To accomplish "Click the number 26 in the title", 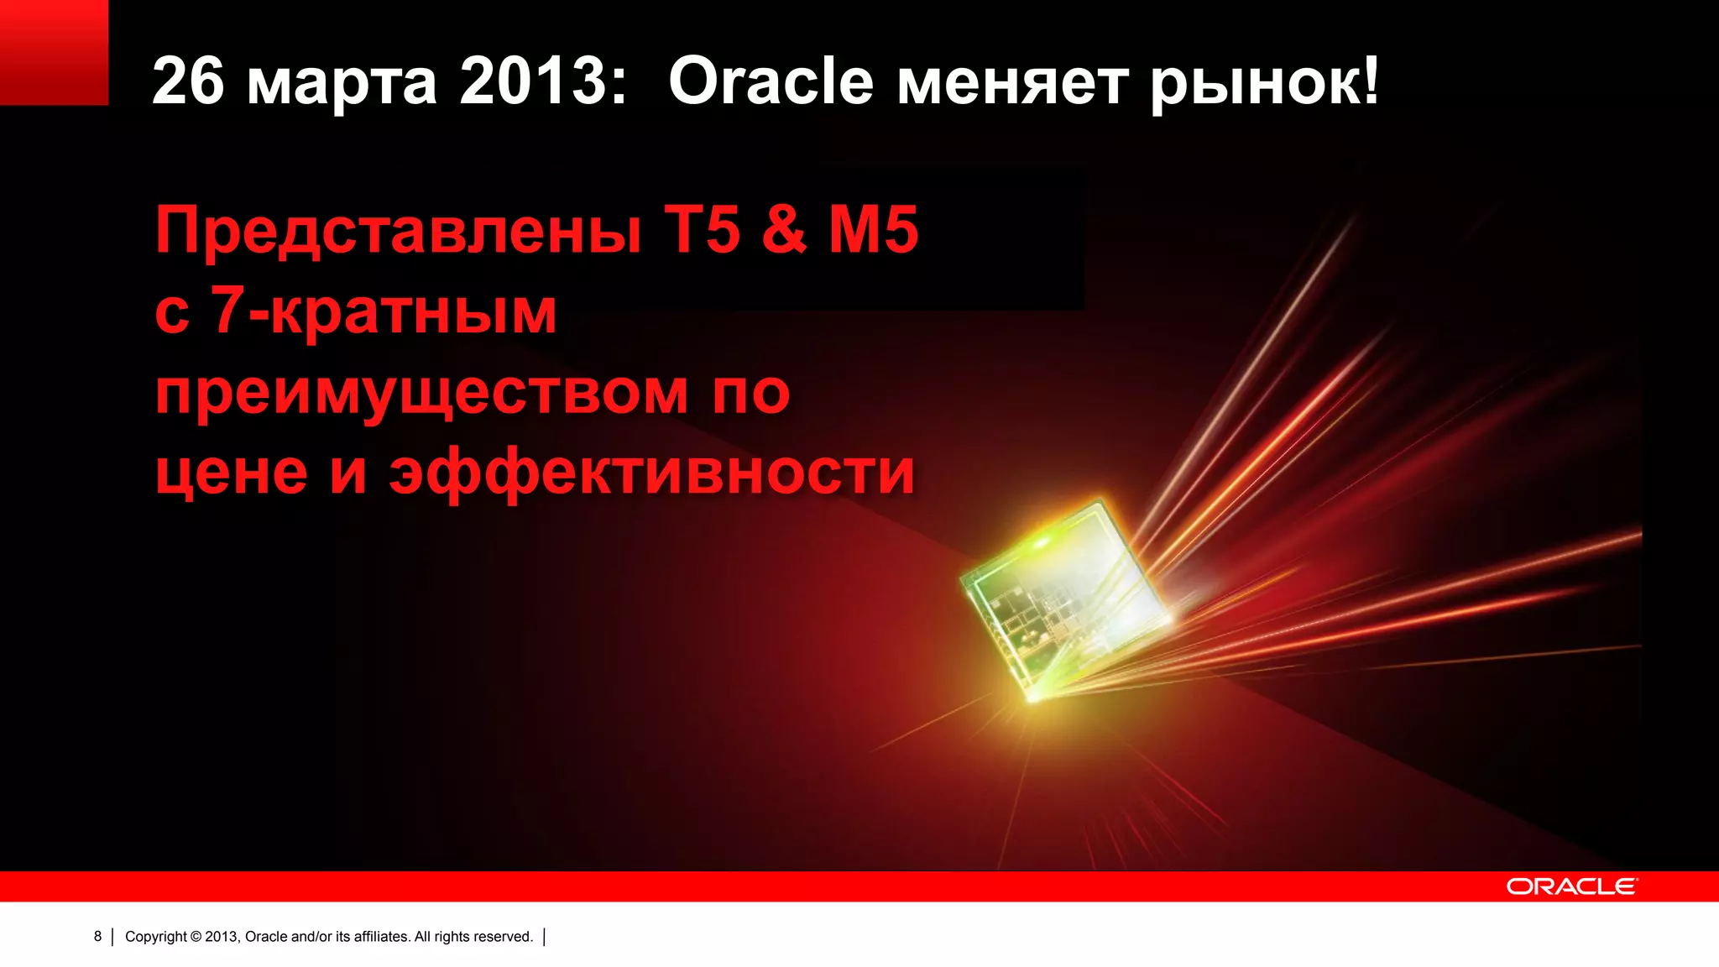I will point(188,81).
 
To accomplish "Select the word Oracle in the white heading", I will point(771,81).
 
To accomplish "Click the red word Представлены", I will point(399,231).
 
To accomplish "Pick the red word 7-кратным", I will point(383,311).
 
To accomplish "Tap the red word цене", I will point(232,473).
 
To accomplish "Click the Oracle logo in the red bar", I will point(1571,886).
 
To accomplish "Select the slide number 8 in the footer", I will point(97,936).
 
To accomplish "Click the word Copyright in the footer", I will point(156,937).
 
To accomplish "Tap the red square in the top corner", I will point(54,52).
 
